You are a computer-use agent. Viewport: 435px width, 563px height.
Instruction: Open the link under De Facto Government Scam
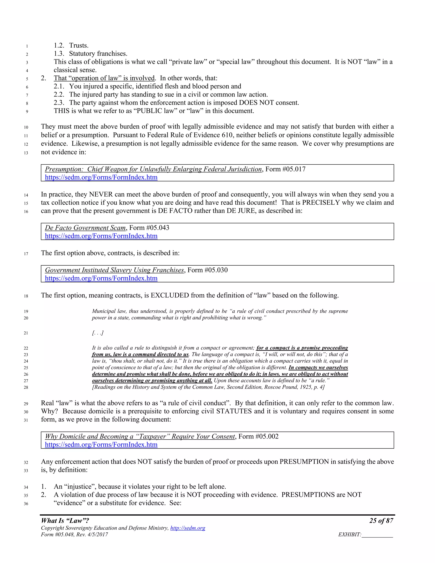pos(101,236)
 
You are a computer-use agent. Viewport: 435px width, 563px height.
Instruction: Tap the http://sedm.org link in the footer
pos(188,528)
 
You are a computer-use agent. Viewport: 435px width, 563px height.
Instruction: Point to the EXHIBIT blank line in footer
pos(377,535)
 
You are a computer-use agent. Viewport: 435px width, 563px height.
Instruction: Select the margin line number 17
pos(26,254)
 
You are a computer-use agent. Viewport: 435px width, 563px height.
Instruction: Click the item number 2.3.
pos(59,103)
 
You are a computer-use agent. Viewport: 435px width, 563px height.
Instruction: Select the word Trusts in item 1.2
pos(79,46)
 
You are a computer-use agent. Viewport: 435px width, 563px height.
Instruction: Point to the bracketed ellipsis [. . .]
pos(98,333)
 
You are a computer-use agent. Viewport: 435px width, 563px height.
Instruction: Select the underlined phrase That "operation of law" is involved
pos(104,78)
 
